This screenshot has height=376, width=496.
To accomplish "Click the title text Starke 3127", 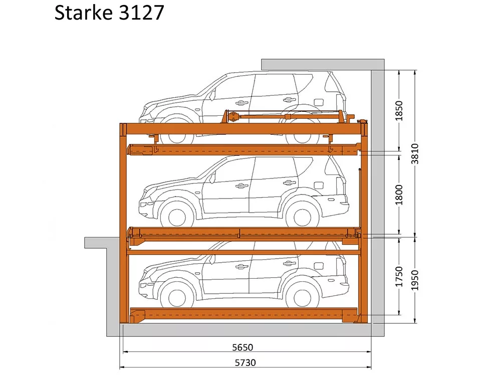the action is click(109, 13).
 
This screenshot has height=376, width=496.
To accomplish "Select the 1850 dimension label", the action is click(399, 110).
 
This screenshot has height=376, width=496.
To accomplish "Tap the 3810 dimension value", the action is click(415, 154).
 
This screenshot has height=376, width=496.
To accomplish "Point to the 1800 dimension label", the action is click(399, 195).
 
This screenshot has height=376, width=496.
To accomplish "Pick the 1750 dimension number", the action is click(399, 277).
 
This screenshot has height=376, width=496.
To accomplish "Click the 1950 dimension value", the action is click(415, 280).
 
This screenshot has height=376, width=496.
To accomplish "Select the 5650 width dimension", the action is click(242, 347).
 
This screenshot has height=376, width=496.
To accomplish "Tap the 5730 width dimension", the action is click(245, 362).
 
